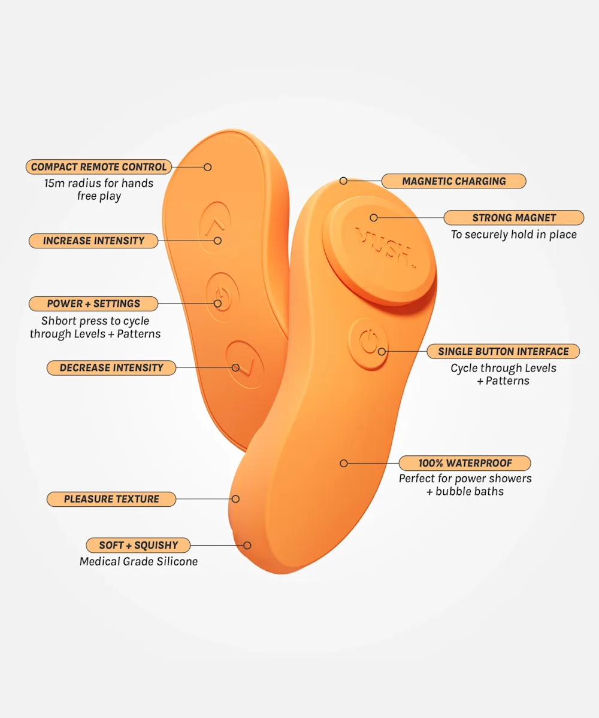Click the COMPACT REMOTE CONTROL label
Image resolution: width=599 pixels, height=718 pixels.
coord(99,167)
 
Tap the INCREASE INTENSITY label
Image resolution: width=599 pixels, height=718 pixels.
coord(93,241)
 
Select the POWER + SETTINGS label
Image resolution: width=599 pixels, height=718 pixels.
coord(93,303)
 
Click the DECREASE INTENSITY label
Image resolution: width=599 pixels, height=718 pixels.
coord(111,367)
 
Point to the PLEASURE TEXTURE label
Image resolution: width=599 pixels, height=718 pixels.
coord(111,499)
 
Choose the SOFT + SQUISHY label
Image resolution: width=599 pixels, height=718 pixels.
coord(138,545)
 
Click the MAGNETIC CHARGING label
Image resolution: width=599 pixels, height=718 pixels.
coord(453,181)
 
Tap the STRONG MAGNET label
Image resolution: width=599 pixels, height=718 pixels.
coord(513,218)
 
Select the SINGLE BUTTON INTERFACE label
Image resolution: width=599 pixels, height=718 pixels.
coord(503,351)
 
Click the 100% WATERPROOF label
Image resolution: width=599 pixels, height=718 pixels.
coord(465,463)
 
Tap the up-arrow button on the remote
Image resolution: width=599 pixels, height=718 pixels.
coord(215,227)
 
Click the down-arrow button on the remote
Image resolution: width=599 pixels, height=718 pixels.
coord(245,364)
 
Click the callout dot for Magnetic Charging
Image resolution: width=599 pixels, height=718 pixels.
coord(343,181)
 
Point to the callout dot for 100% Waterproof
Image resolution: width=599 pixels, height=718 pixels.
coord(344,463)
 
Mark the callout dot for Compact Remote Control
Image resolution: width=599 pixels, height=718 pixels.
coord(208,167)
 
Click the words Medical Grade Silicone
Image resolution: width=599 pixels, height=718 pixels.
coord(138,562)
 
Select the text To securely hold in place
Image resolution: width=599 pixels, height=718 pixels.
coord(513,235)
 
